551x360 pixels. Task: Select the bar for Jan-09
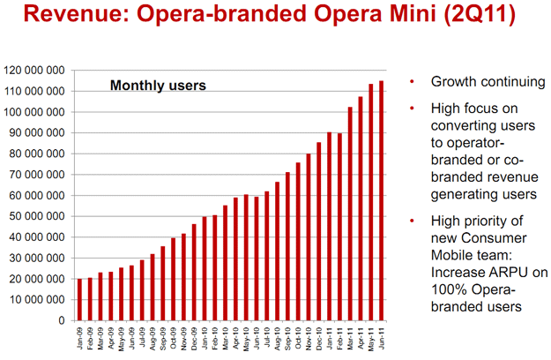[80, 300]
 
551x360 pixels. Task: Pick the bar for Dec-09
[194, 273]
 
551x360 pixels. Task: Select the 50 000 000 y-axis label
[36, 215]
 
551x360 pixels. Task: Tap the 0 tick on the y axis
[63, 320]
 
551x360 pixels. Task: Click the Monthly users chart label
[157, 86]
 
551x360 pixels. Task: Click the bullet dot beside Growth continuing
[412, 84]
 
